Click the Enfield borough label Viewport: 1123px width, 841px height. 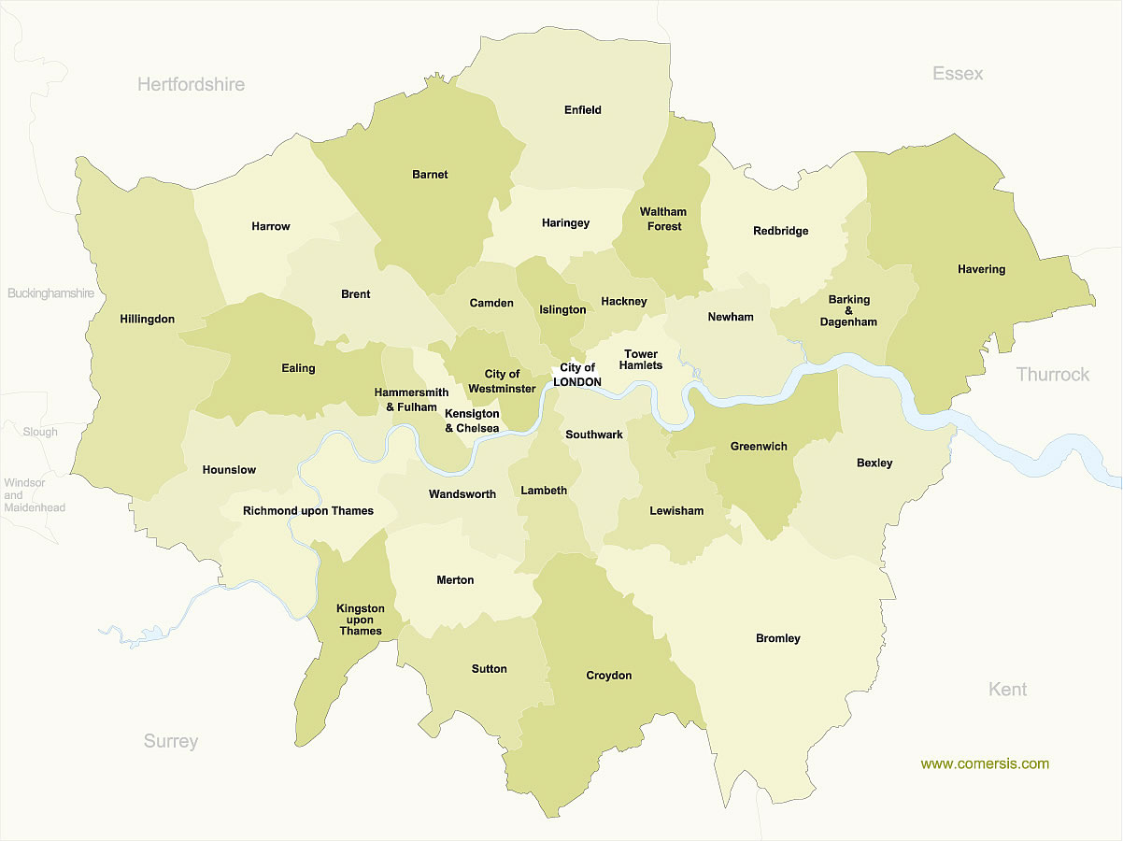coord(583,110)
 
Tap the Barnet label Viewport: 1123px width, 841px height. coord(430,175)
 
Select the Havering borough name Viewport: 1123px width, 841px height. coord(981,269)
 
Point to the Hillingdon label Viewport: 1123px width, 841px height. coord(148,320)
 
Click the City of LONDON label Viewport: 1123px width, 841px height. coord(577,375)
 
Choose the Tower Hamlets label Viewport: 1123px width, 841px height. coord(641,360)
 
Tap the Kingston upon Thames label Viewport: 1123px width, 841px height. coord(361,620)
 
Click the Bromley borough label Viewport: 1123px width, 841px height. coord(778,639)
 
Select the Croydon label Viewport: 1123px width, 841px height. coord(608,676)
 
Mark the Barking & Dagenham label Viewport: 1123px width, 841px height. coord(848,311)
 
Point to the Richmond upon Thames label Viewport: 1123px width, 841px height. coord(308,511)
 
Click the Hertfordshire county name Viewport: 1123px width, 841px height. coord(191,85)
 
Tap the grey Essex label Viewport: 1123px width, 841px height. coord(958,74)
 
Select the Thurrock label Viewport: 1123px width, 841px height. coord(1053,375)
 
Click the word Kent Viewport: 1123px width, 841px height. coord(1007,690)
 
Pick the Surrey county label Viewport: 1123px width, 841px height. coord(171,742)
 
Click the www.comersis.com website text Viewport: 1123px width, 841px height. coord(985,764)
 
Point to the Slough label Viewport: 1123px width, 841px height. coord(40,433)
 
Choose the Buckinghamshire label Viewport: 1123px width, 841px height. coord(51,293)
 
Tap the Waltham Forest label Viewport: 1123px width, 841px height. coord(662,220)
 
